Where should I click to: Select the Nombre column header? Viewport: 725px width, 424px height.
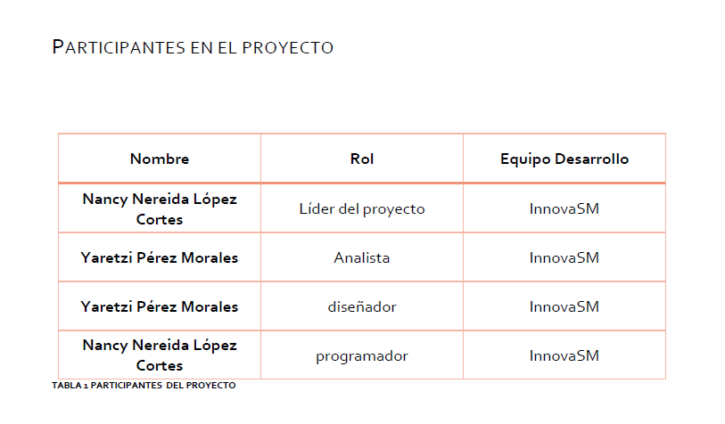[160, 159]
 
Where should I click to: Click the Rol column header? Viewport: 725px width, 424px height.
[362, 159]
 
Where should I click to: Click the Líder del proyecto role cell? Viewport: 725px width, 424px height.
[362, 209]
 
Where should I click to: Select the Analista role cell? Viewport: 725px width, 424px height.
[362, 258]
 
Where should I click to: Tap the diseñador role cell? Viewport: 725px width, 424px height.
[362, 307]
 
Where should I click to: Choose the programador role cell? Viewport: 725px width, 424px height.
[362, 356]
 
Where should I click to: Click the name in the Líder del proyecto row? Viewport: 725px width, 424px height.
[160, 208]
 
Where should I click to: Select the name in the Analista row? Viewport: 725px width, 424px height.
[160, 258]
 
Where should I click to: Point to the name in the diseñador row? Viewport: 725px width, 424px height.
[160, 307]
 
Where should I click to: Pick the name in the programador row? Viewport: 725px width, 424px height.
[160, 355]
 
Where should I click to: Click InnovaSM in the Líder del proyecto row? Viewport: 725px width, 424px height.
[564, 209]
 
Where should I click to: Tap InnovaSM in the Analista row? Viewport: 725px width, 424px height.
[564, 258]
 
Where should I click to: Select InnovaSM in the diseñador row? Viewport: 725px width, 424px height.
[564, 307]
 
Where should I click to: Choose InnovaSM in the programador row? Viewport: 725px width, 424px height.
[564, 356]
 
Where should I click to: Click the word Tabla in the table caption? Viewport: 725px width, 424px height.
[66, 386]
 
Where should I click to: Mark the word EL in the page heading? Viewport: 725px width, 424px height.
[227, 47]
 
